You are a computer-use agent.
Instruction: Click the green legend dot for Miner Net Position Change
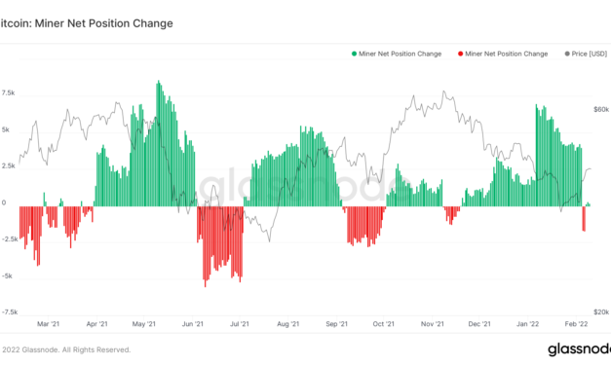pos(355,54)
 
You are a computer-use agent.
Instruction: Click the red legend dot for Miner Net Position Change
pos(461,54)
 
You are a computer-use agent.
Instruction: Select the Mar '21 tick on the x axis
pos(49,324)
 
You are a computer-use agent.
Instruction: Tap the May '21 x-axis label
pos(144,324)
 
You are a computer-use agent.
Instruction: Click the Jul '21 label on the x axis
pos(240,324)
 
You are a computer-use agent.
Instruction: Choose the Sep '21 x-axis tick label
pos(337,324)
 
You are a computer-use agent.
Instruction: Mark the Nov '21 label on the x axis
pos(433,324)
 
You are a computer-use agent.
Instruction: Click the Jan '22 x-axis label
pos(528,324)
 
